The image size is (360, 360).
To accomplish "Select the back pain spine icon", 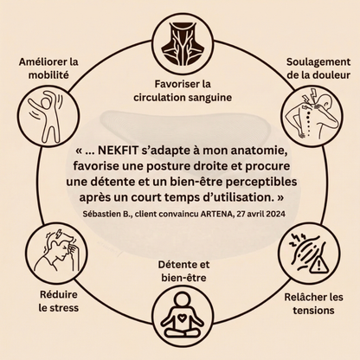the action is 312,114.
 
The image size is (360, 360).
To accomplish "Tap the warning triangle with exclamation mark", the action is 319,265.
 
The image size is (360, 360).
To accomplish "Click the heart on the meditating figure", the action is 182,318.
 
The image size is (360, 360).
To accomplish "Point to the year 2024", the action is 276,214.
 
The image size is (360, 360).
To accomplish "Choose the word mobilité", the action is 48,75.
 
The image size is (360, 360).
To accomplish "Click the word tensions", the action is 313,311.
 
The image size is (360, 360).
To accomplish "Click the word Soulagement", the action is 318,61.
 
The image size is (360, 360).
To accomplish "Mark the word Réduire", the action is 59,294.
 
